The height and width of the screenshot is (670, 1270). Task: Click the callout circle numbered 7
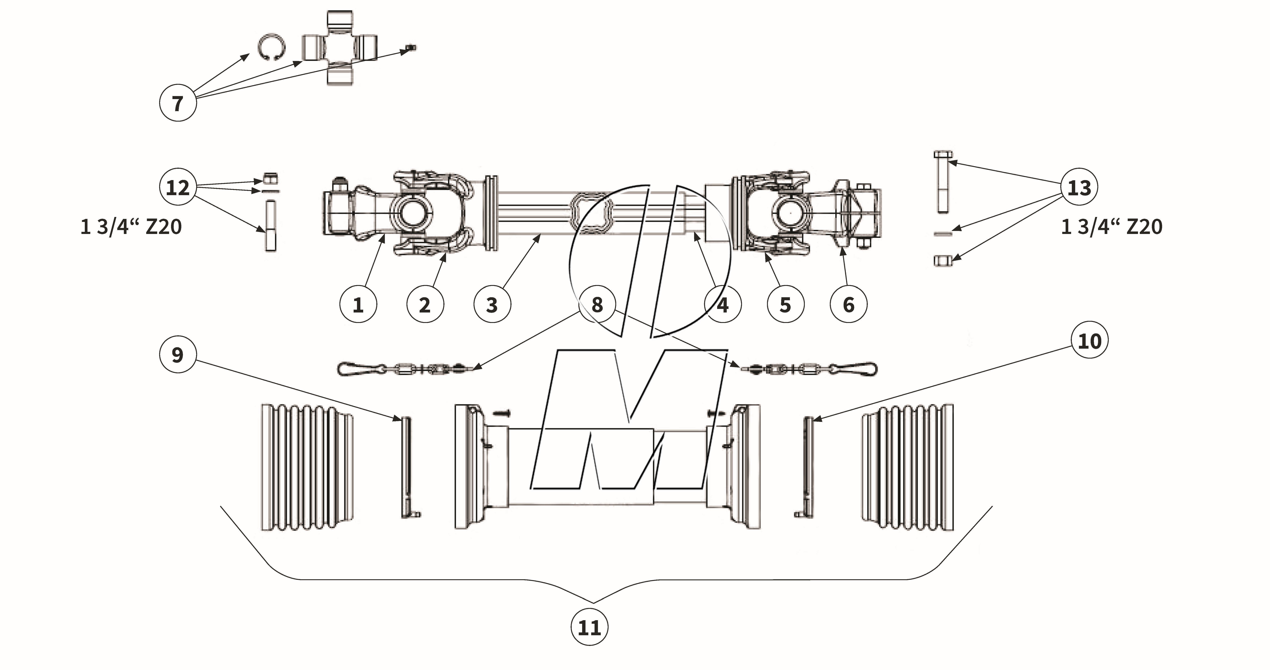[x=178, y=104]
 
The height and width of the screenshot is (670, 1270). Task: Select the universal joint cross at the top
[x=339, y=48]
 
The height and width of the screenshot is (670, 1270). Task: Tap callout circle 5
[x=785, y=305]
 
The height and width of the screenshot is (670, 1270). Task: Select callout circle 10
[x=1090, y=341]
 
